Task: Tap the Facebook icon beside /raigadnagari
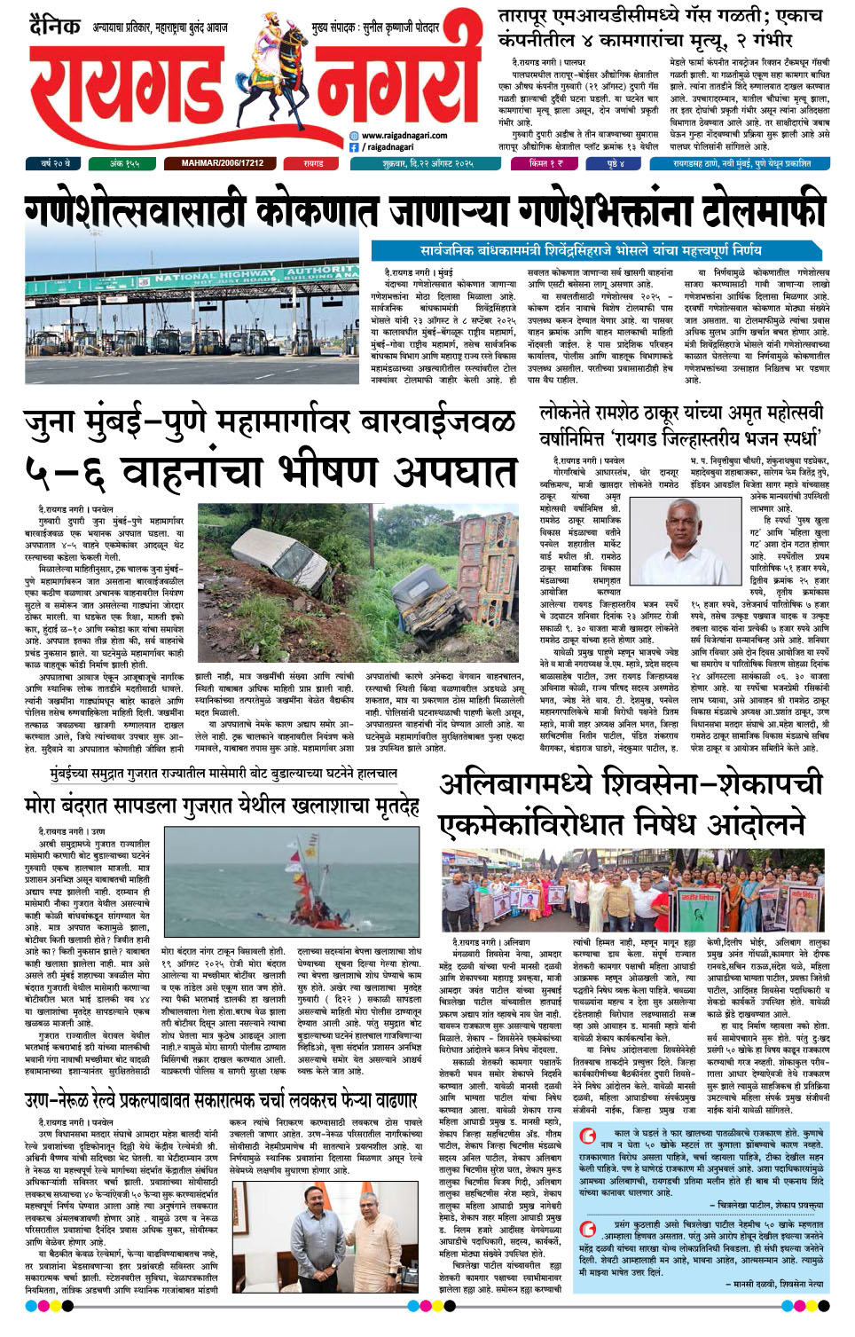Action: tap(355, 147)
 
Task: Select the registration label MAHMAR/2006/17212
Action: tap(223, 164)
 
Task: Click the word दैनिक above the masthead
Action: tap(55, 26)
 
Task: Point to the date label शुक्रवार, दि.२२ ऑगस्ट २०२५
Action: tap(428, 164)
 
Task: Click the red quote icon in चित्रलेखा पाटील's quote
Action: tap(587, 1136)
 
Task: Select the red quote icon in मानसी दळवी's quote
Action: tap(587, 1227)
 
